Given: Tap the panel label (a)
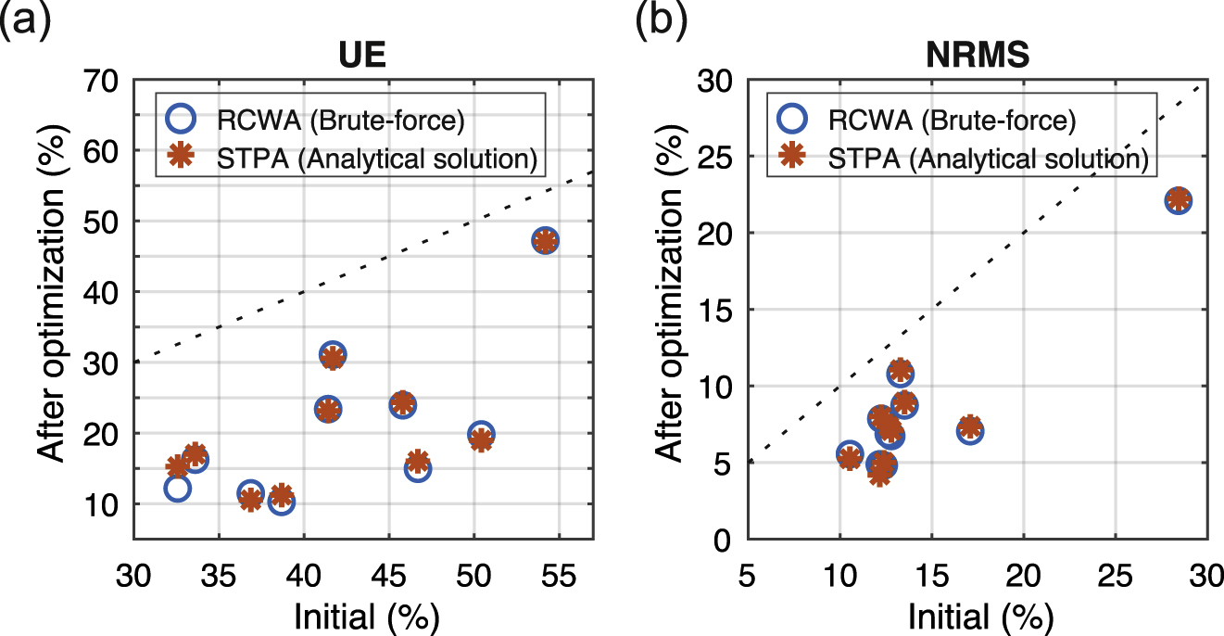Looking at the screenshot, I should [25, 19].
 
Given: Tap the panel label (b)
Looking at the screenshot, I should [659, 19].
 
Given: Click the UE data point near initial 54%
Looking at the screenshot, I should [546, 241].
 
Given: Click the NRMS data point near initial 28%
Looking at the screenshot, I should [1178, 200].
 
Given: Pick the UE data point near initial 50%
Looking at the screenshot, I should [480, 436].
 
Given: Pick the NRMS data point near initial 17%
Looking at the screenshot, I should [970, 429].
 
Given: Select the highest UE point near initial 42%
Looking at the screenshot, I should [333, 356].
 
